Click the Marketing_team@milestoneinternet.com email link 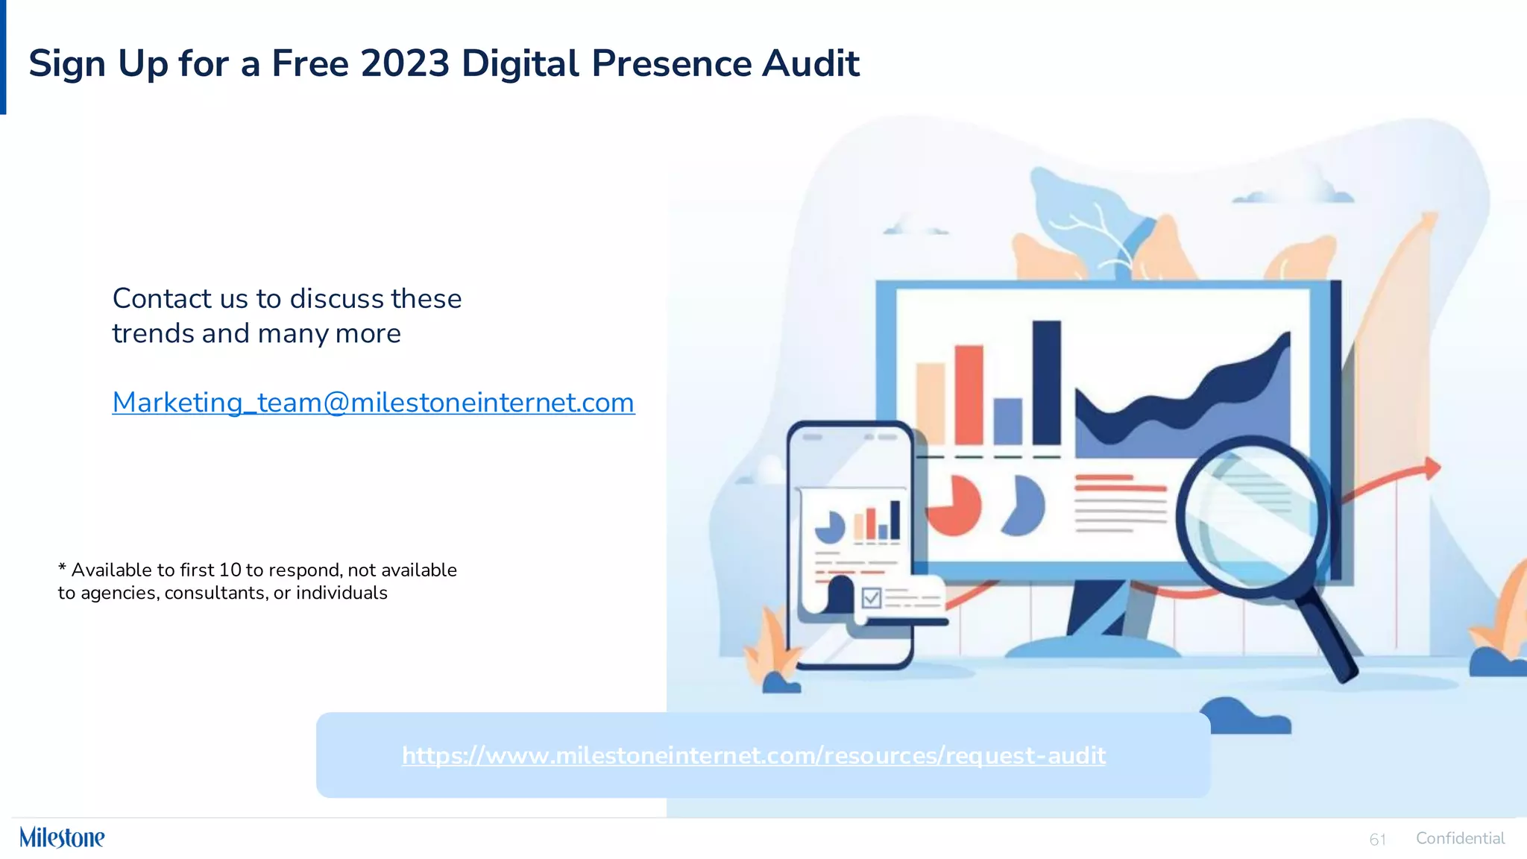[373, 403]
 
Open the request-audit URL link [753, 755]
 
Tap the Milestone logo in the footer [62, 837]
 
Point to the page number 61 [1377, 840]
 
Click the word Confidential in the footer [1460, 838]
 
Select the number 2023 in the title [405, 63]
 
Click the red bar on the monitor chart [969, 394]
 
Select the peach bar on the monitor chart [930, 403]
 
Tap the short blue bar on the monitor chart [1008, 421]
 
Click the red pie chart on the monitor [954, 506]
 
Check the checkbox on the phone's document [871, 598]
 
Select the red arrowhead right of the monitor [1432, 468]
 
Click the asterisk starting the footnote [62, 569]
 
